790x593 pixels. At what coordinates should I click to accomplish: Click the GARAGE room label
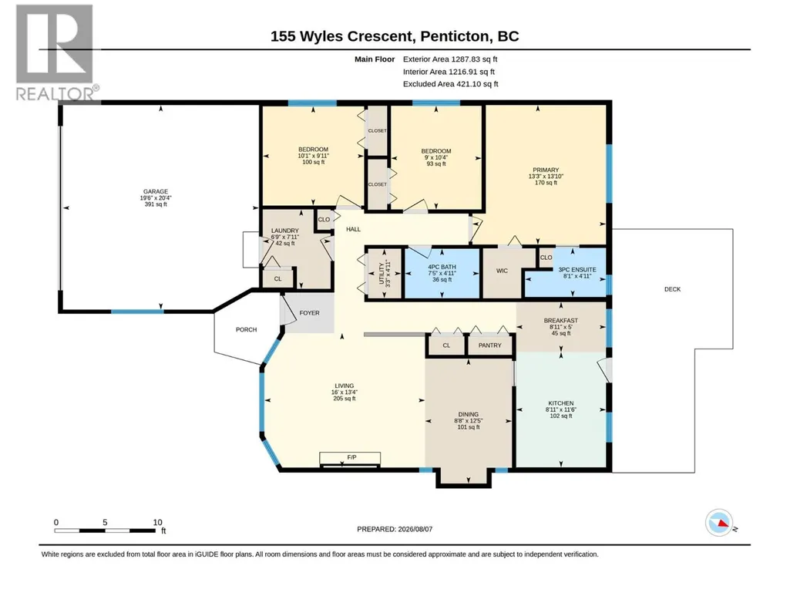click(156, 191)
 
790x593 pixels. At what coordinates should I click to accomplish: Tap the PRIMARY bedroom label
click(546, 170)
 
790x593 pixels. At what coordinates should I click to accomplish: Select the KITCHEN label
click(561, 403)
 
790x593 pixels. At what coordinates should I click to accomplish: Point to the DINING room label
click(468, 415)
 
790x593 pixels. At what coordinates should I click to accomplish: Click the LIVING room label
click(344, 386)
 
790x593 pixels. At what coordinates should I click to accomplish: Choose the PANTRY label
click(489, 345)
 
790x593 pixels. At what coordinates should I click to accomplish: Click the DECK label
click(672, 289)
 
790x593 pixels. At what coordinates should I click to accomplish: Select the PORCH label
click(247, 330)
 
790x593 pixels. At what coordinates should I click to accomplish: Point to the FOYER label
click(309, 313)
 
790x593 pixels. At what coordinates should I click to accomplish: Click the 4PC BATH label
click(442, 268)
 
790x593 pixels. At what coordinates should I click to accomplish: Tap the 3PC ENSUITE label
click(577, 270)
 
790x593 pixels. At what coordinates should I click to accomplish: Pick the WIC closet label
click(502, 271)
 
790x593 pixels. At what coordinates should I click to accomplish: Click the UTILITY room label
click(382, 273)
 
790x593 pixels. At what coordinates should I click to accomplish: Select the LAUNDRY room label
click(285, 231)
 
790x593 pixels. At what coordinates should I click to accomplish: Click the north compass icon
click(719, 523)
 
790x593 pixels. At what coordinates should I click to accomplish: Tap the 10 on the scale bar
click(158, 522)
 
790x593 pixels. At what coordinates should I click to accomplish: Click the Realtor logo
click(56, 52)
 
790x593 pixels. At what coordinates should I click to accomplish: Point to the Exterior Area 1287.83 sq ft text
click(450, 59)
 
